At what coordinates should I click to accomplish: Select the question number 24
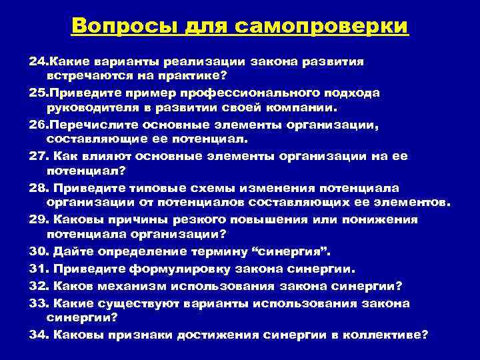(37, 61)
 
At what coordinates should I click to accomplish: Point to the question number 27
(38, 157)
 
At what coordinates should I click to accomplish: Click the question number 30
(38, 253)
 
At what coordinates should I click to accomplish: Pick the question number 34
(38, 335)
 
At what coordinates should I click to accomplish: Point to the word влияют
(106, 157)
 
